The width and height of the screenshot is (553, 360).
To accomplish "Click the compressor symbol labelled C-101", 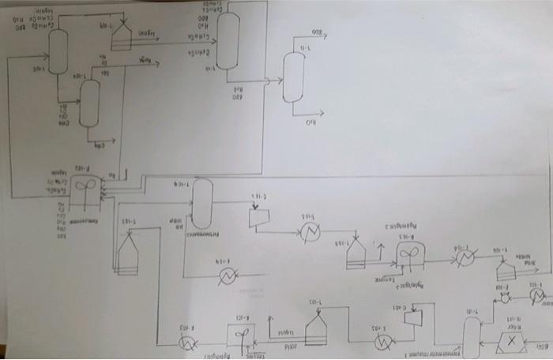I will [412, 317].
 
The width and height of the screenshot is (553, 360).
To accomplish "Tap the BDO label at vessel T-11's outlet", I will [317, 32].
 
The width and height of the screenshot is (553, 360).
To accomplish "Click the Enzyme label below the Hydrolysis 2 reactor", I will [386, 279].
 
